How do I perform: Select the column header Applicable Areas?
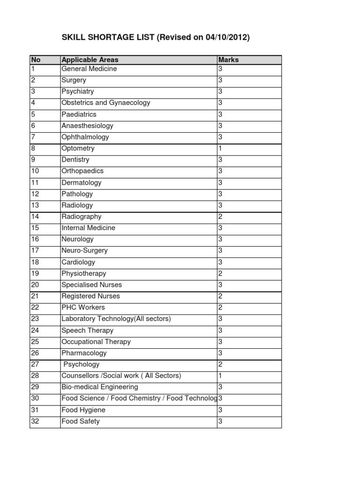pyautogui.click(x=90, y=60)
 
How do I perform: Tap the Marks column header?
pyautogui.click(x=228, y=60)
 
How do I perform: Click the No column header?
pyautogui.click(x=35, y=60)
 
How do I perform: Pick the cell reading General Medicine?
pyautogui.click(x=89, y=69)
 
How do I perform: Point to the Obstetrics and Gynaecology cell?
pyautogui.click(x=106, y=103)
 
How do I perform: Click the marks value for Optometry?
pyautogui.click(x=220, y=148)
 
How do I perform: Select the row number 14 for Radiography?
pyautogui.click(x=35, y=217)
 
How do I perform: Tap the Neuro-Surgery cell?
pyautogui.click(x=84, y=251)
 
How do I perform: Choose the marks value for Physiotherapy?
pyautogui.click(x=220, y=273)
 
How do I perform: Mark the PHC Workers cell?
pyautogui.click(x=83, y=307)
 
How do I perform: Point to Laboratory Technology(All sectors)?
pyautogui.click(x=116, y=319)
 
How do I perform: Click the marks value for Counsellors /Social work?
pyautogui.click(x=220, y=375)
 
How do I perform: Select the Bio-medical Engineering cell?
pyautogui.click(x=100, y=387)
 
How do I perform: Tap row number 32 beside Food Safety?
pyautogui.click(x=35, y=421)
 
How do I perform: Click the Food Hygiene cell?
pyautogui.click(x=83, y=410)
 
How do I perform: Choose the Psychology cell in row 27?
pyautogui.click(x=82, y=364)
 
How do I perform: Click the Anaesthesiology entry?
pyautogui.click(x=87, y=126)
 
